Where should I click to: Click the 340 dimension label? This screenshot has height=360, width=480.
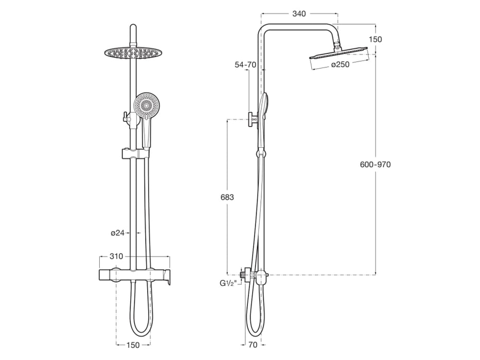coord(299,13)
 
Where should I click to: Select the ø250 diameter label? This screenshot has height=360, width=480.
coord(340,64)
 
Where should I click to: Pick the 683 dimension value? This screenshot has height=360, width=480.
coord(227,197)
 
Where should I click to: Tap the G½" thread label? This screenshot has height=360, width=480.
coord(228,282)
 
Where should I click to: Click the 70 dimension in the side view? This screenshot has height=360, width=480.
coord(253,345)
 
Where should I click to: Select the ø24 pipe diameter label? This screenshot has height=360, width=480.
coord(118,233)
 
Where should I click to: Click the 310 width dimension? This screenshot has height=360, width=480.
coord(117,256)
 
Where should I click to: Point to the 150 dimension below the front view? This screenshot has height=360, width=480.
coord(133,345)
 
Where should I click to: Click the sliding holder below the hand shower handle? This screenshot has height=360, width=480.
coord(132,153)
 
